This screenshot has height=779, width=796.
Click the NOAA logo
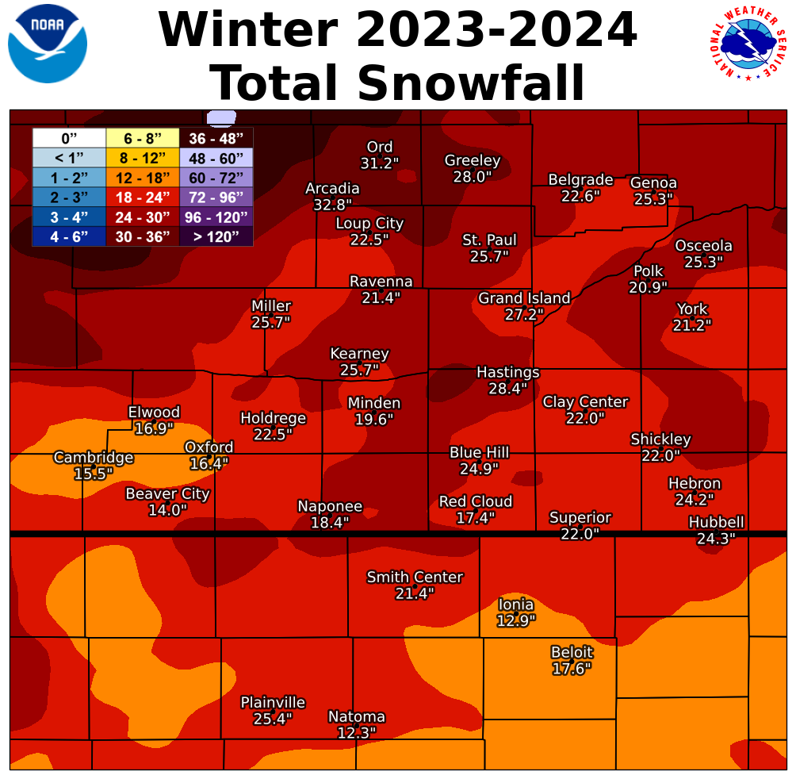pos(48,44)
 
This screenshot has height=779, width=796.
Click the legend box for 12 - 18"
pos(142,177)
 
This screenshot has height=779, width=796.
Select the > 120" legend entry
pos(216,236)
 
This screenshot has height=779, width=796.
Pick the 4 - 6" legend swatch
pos(69,236)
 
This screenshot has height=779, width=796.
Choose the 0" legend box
pos(69,138)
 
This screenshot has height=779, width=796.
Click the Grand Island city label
pos(524,298)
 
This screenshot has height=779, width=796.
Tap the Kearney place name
pos(359,354)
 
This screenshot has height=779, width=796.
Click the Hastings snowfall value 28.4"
pos(508,389)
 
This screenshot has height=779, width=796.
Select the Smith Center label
pos(415,577)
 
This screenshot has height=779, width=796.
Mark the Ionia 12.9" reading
pos(516,620)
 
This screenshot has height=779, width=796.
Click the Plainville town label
pos(273,703)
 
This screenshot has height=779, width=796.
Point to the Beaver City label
pos(167,494)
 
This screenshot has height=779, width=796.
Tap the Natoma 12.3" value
pos(356,733)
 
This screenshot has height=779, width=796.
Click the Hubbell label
pos(716,522)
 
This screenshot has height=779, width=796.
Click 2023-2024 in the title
pos(496,30)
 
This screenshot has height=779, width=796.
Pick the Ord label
pos(380,147)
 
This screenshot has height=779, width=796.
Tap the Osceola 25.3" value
pos(704,262)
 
